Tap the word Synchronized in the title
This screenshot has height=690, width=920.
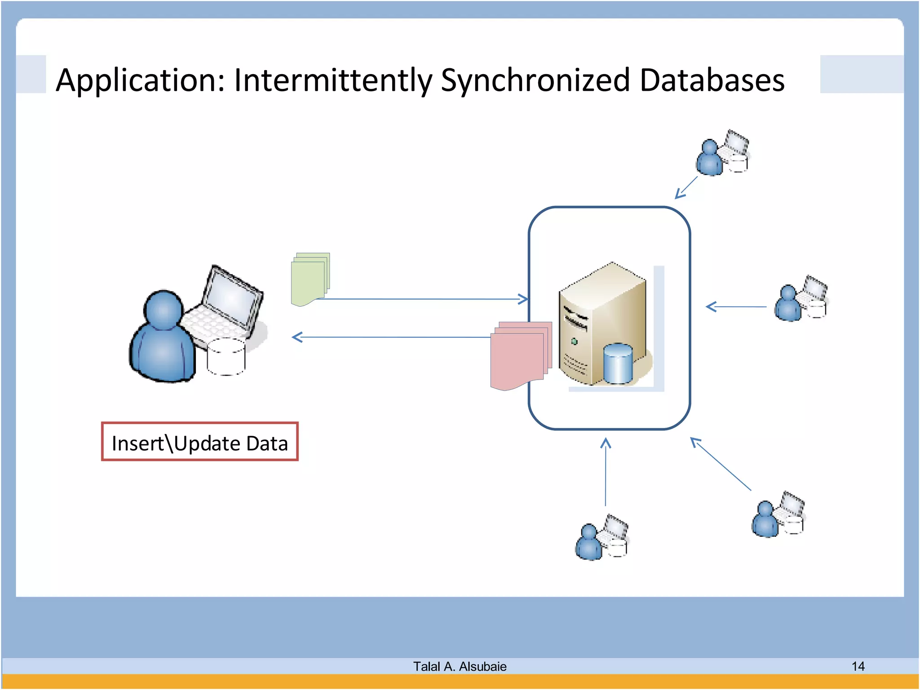coord(535,81)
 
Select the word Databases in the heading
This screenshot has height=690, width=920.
coord(712,80)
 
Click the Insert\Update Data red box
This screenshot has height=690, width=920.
coord(199,442)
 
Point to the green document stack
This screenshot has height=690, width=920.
coord(310,279)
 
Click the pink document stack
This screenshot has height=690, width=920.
coord(519,355)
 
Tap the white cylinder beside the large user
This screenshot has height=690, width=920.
coord(226,357)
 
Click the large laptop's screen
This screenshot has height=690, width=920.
coord(233,296)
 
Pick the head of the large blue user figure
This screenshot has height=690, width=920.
coord(164,310)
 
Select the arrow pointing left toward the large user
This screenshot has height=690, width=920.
coord(391,337)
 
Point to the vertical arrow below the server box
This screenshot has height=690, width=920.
coord(606,472)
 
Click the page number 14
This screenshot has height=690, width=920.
coord(858,666)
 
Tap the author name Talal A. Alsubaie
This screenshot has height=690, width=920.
coord(460,666)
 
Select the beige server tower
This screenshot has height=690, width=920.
coord(602,323)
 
